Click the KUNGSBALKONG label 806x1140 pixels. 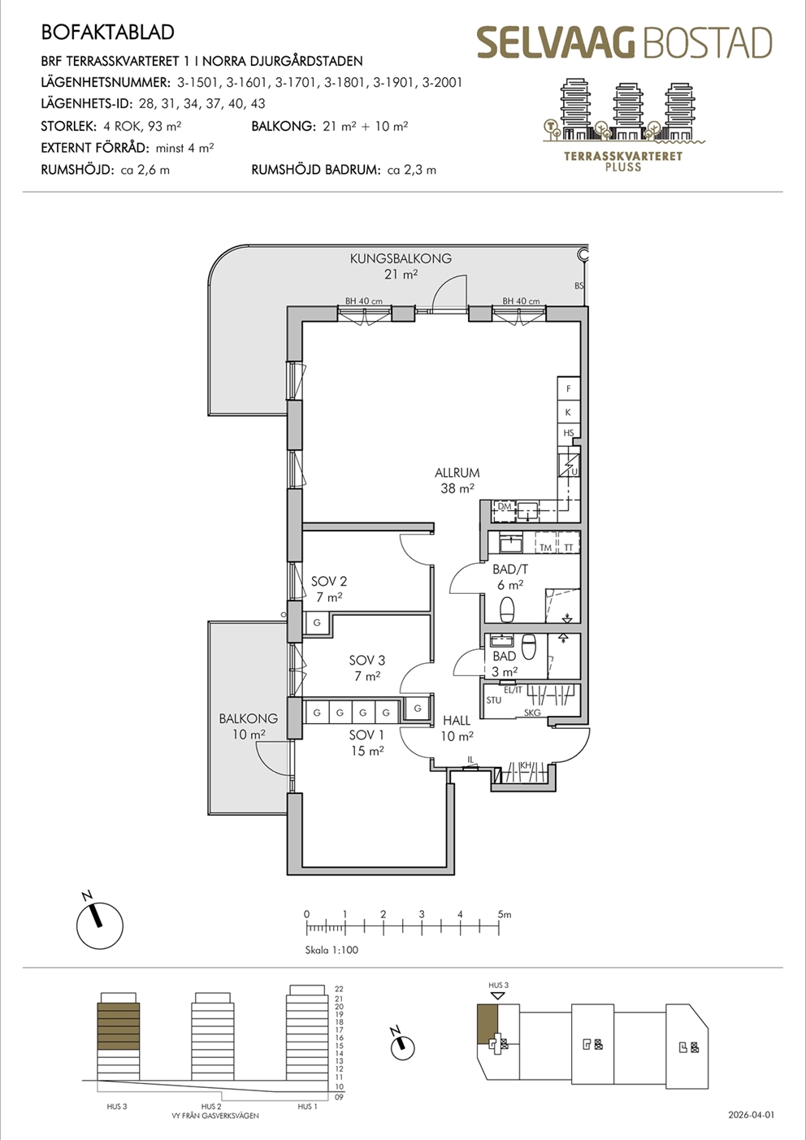tap(401, 258)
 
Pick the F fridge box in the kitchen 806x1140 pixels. tap(569, 389)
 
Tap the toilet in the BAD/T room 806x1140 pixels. tap(507, 609)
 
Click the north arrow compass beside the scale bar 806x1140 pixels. tap(100, 925)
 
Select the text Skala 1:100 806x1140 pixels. tap(331, 950)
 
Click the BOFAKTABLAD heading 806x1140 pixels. tap(107, 33)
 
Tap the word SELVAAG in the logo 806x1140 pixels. tap(557, 43)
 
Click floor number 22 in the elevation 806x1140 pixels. tap(339, 989)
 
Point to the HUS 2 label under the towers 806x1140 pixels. tap(211, 1107)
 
